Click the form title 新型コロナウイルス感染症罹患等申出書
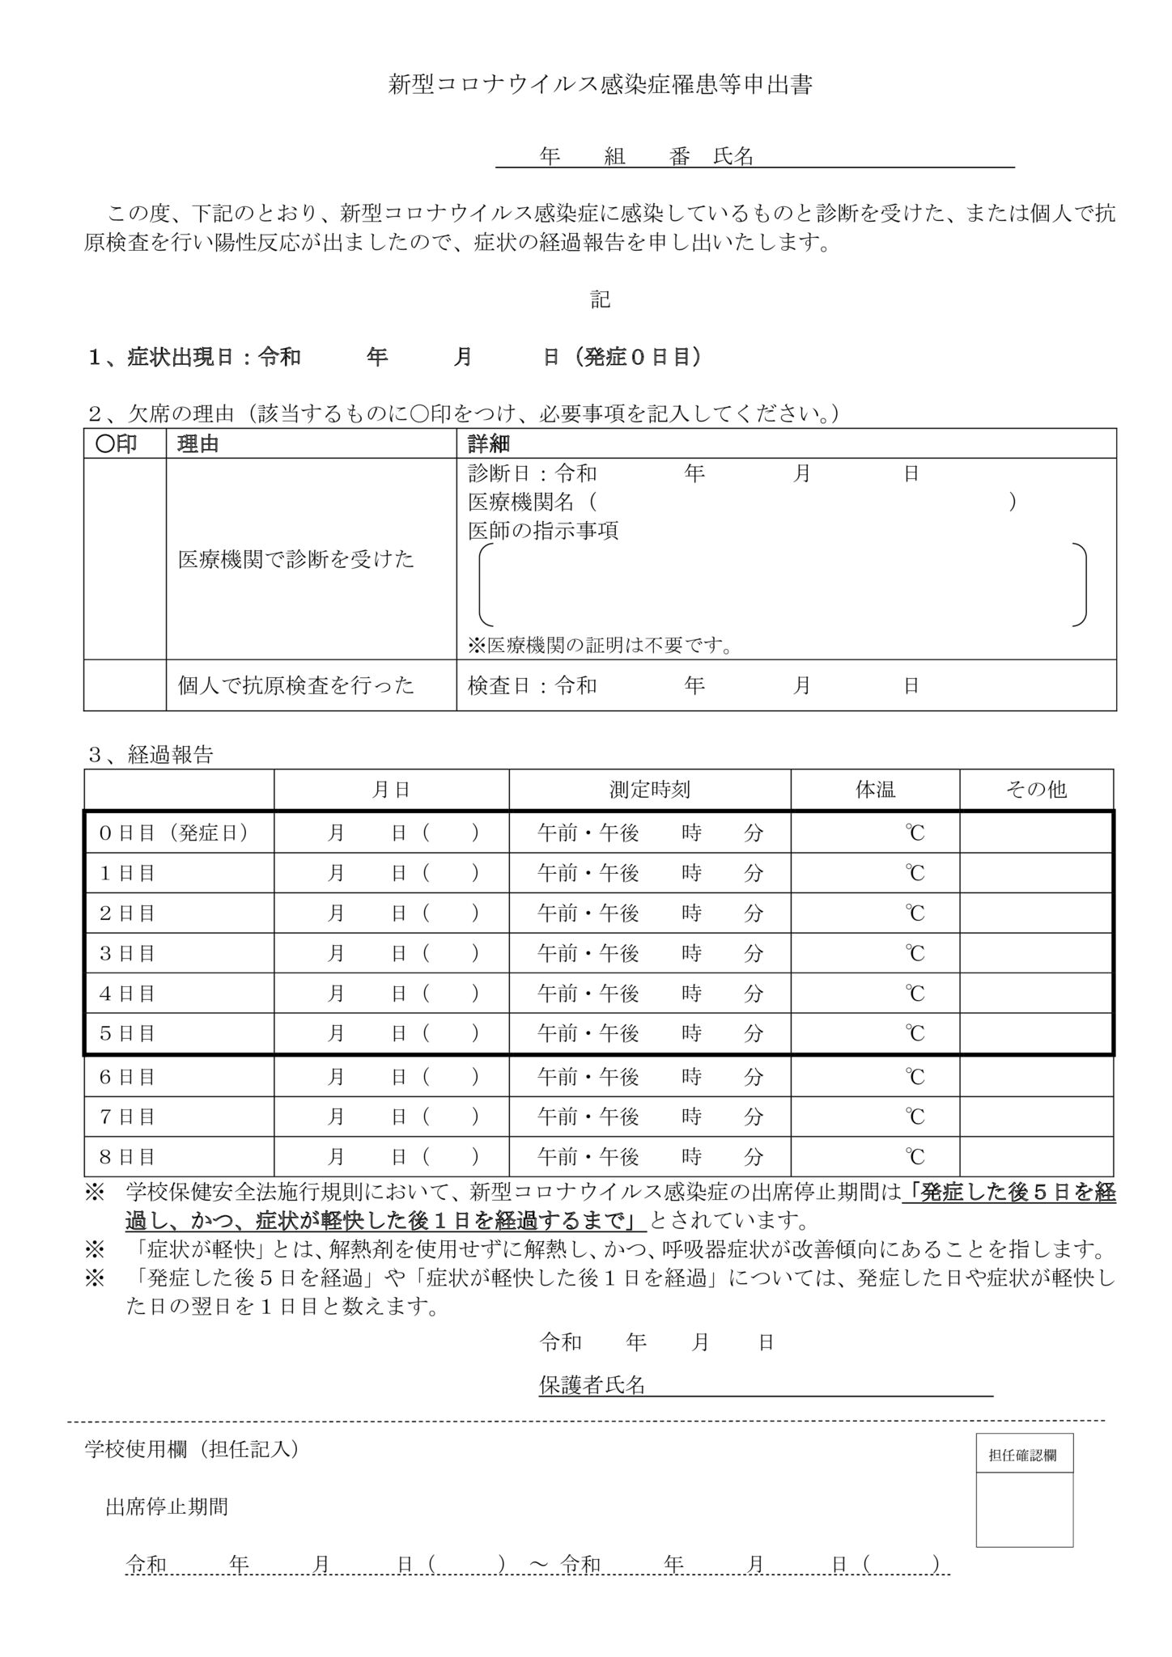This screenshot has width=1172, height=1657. (x=601, y=86)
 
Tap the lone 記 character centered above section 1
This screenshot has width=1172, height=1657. (x=600, y=300)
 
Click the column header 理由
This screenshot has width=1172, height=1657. (x=198, y=444)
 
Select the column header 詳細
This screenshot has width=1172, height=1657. (x=489, y=444)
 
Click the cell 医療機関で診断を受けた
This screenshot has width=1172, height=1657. (x=296, y=559)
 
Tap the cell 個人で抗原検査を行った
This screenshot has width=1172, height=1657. (x=296, y=685)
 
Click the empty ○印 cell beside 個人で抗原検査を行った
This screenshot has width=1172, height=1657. (x=125, y=685)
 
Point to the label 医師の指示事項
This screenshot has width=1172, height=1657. (x=543, y=531)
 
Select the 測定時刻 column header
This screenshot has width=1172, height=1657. (x=649, y=790)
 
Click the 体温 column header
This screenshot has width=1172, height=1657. (x=875, y=790)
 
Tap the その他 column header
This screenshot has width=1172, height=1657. (x=1036, y=790)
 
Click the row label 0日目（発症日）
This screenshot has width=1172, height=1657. (x=173, y=833)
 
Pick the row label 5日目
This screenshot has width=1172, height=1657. (x=127, y=1033)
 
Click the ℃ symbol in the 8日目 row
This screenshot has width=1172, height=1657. (x=914, y=1156)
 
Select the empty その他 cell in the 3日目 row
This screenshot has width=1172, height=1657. (x=1036, y=953)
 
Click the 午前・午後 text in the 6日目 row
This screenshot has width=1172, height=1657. (x=588, y=1077)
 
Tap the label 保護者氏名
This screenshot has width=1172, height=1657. (x=592, y=1384)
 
